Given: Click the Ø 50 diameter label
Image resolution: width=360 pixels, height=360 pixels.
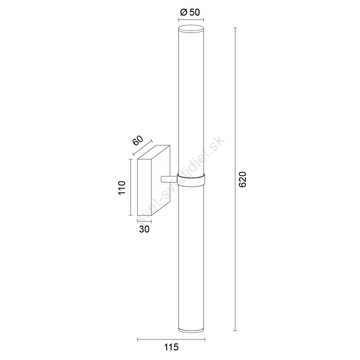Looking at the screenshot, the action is (190, 12).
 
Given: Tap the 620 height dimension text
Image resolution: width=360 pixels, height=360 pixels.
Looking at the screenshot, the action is (243, 179).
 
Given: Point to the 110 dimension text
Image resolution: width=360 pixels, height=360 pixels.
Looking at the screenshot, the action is (122, 188).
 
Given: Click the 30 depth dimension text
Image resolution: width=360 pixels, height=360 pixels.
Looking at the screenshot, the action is (144, 229).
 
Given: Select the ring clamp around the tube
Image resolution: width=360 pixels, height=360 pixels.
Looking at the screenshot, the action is (191, 180).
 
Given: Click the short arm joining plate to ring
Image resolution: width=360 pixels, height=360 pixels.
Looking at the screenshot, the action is (169, 179).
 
